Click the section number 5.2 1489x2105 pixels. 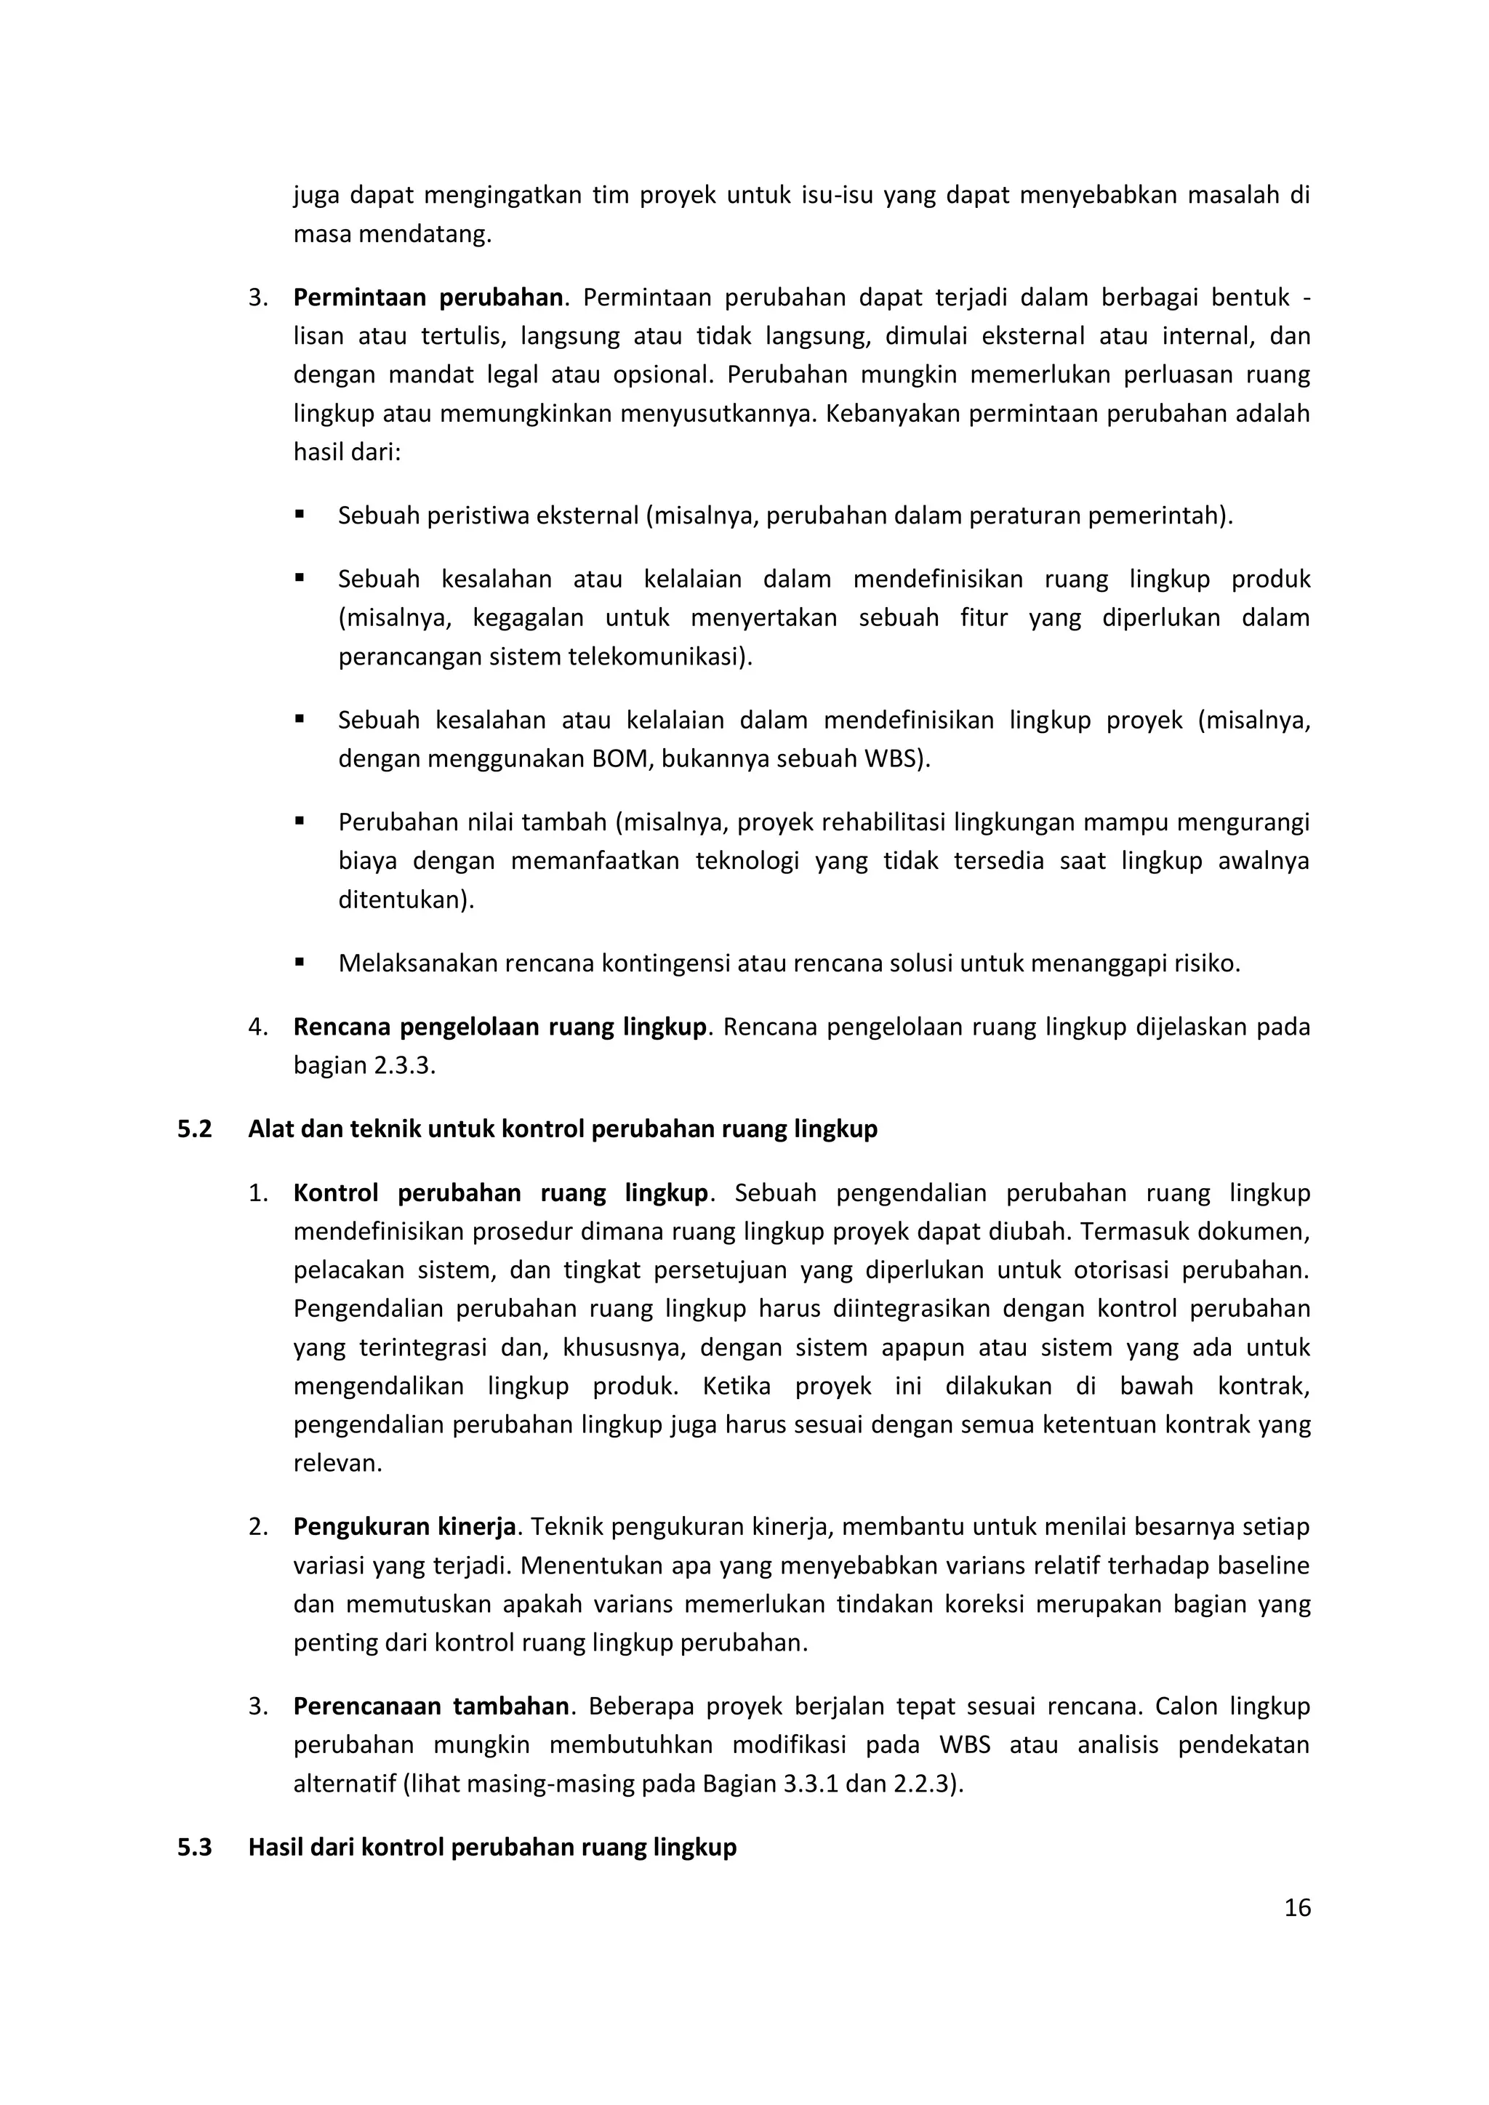click(x=194, y=1128)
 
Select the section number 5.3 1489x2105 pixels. click(x=194, y=1846)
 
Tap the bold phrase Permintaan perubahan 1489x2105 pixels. click(x=428, y=297)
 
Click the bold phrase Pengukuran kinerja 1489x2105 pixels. click(x=404, y=1526)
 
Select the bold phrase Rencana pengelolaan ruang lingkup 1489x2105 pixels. click(x=499, y=1027)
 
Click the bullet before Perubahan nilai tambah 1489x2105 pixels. click(x=300, y=822)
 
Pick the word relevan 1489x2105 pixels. click(x=337, y=1463)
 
